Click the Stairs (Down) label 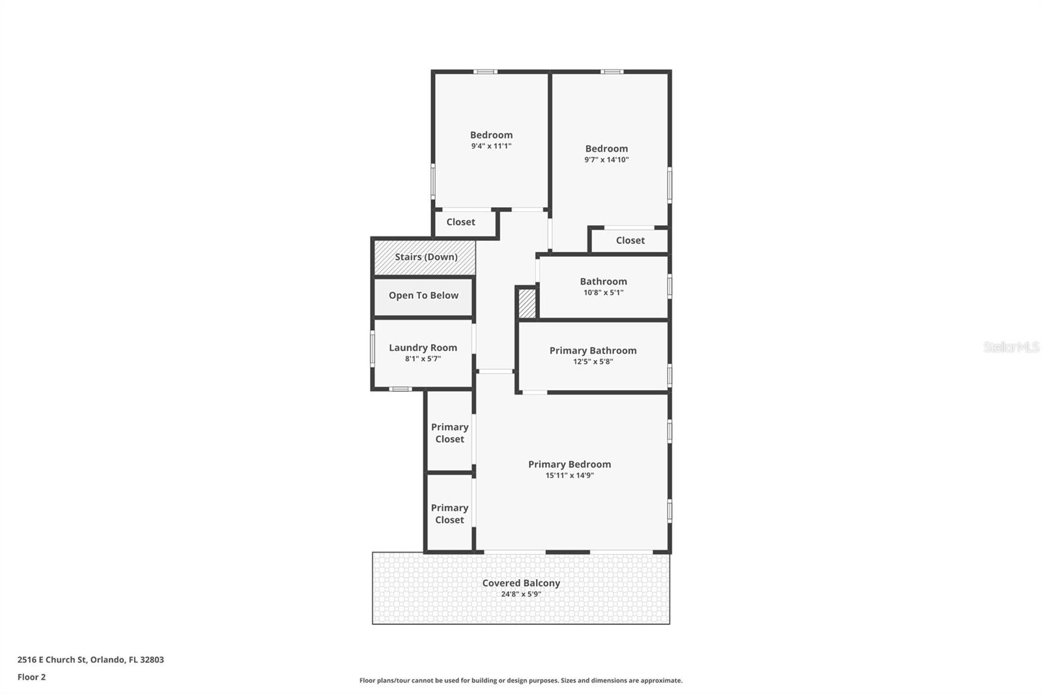click(426, 257)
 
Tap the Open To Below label click(423, 296)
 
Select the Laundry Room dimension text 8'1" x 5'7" click(423, 359)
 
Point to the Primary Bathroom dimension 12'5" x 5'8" click(593, 361)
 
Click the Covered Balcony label click(521, 583)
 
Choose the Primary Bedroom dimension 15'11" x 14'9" click(569, 475)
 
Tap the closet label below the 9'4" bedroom click(460, 222)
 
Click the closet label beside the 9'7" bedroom click(630, 240)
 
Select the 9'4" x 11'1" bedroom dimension click(491, 146)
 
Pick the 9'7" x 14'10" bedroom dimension click(606, 160)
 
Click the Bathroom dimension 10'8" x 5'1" click(603, 292)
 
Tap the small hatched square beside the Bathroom click(527, 304)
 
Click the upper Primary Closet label click(449, 433)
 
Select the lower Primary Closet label click(449, 514)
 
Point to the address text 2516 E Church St click(52, 659)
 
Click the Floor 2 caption click(32, 677)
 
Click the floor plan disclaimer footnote click(521, 680)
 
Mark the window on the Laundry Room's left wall click(372, 348)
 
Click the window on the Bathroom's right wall click(669, 286)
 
